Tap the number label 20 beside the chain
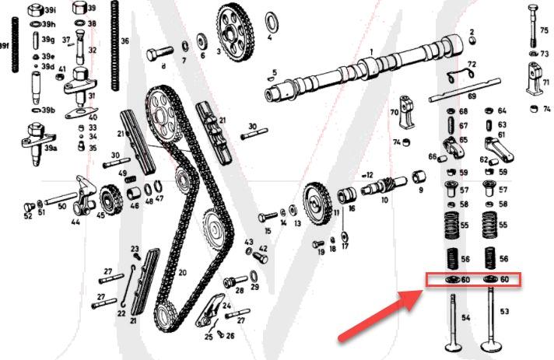click(x=182, y=273)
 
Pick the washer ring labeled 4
click(x=272, y=19)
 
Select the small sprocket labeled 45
click(x=109, y=204)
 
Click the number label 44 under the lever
click(x=75, y=222)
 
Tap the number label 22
click(x=121, y=313)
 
